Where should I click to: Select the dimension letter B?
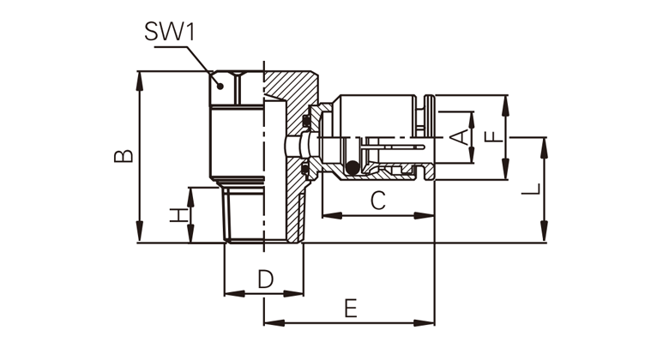coord(125,156)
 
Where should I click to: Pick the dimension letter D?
coord(265,279)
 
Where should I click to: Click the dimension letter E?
coord(350,308)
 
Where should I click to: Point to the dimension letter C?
coord(378,201)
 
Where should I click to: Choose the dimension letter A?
coord(460,135)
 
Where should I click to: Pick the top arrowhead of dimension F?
coord(506,99)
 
